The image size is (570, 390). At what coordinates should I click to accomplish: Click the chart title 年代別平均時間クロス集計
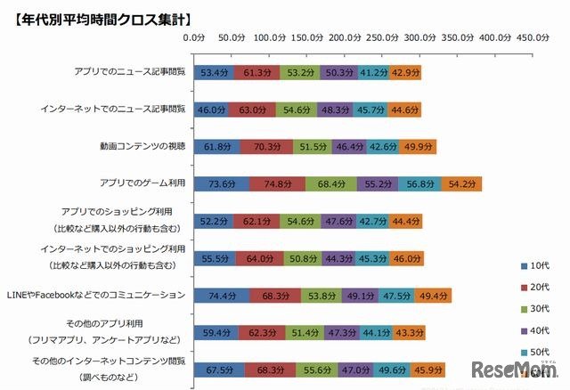pyautogui.click(x=99, y=16)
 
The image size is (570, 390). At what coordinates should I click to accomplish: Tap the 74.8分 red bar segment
pyautogui.click(x=278, y=184)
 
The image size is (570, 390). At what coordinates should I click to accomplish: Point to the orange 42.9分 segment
pyautogui.click(x=405, y=71)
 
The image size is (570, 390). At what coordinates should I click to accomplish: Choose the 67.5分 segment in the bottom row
pyautogui.click(x=218, y=370)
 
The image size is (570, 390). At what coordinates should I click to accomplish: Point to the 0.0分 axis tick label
pyautogui.click(x=193, y=38)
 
